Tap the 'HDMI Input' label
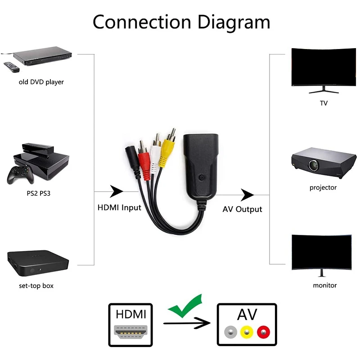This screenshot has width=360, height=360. click(119, 208)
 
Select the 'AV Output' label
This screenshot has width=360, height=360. click(242, 209)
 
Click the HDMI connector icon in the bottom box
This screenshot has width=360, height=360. click(131, 331)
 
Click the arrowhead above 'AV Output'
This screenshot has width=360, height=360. click(247, 195)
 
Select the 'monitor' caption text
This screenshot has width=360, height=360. click(324, 285)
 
